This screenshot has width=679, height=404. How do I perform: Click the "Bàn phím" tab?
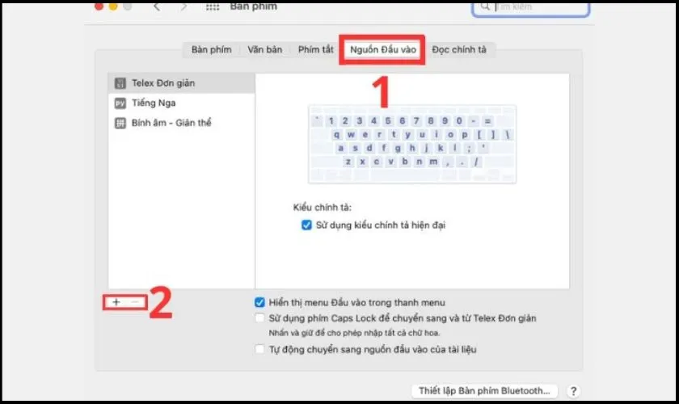[x=211, y=50]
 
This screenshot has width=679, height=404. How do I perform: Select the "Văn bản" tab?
[x=264, y=50]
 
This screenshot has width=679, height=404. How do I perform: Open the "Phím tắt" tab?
[x=315, y=50]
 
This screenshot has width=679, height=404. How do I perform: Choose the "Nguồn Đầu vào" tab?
[x=382, y=50]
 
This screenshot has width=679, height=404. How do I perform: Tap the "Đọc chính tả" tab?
[x=459, y=50]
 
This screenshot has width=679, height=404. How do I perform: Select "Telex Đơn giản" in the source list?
[x=162, y=83]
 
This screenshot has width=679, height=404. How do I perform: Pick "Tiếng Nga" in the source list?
[x=154, y=103]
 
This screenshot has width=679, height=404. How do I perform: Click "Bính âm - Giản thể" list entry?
[x=171, y=124]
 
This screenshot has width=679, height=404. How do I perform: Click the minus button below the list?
[x=135, y=301]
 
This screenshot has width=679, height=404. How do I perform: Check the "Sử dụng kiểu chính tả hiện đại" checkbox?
[x=306, y=225]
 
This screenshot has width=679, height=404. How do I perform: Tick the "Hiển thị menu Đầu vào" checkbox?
[x=259, y=302]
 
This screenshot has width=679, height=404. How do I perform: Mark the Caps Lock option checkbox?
[x=259, y=318]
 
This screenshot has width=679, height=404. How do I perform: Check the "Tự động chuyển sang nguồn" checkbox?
[x=259, y=349]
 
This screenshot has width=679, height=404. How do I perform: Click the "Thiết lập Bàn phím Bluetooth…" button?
[x=485, y=391]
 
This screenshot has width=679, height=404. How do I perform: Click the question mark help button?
[x=574, y=391]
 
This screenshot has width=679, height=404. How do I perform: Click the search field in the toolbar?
[x=531, y=6]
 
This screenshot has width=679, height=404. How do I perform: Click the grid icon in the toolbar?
[x=213, y=6]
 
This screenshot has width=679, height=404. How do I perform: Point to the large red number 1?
[x=381, y=91]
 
